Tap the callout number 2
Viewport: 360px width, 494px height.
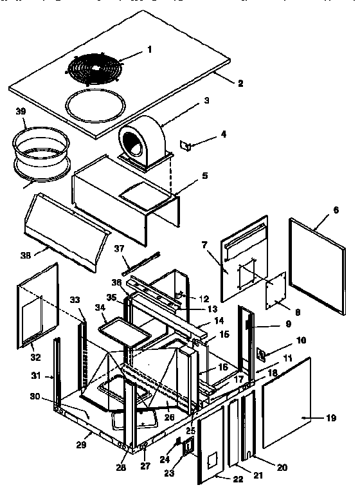[240, 83]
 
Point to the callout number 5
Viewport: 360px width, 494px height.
[204, 175]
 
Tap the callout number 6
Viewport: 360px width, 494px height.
[336, 210]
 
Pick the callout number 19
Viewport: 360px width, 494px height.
[331, 418]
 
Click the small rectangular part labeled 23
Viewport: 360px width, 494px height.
[188, 448]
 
